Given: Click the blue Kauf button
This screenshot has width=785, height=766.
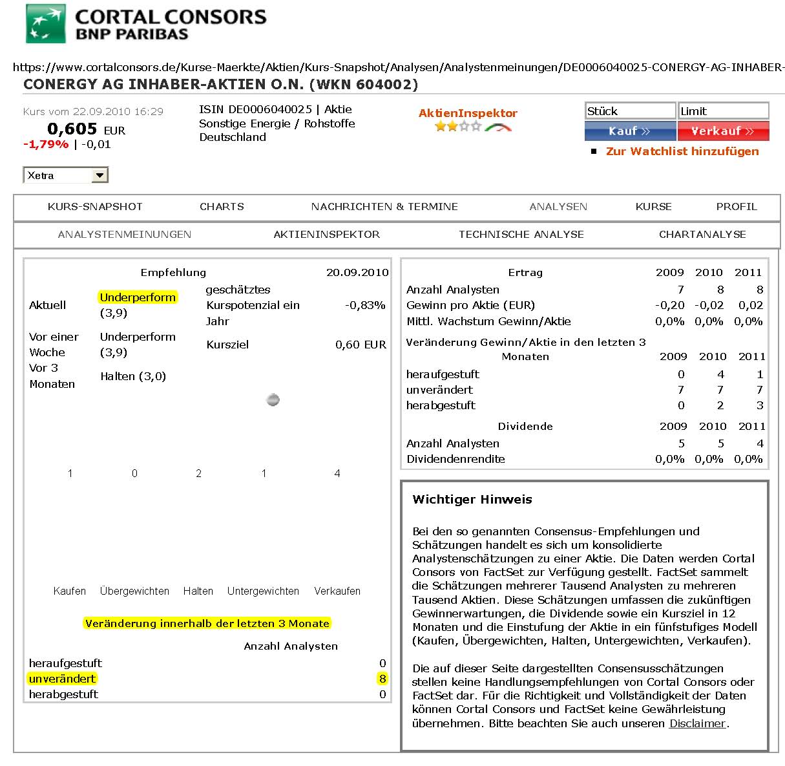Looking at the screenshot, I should (x=629, y=131).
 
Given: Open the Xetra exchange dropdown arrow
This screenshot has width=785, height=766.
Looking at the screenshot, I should (x=99, y=175).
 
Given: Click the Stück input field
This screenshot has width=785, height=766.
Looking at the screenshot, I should (x=630, y=111).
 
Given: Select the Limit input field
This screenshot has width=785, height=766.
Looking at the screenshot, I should (x=723, y=111).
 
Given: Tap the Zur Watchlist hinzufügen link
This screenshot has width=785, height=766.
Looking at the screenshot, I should (x=682, y=151).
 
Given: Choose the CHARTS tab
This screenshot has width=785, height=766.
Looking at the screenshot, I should (x=222, y=207).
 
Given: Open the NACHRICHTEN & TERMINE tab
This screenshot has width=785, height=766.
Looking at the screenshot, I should (x=384, y=207).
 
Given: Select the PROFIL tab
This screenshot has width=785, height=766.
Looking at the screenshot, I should (x=736, y=207).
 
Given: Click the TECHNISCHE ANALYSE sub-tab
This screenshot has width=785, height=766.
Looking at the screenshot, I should (x=521, y=235).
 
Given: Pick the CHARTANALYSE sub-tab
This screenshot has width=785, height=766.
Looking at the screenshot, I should (x=702, y=235).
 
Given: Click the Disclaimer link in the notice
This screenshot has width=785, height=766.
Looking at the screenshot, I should (x=698, y=723).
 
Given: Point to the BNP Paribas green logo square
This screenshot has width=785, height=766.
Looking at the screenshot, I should (x=45, y=24).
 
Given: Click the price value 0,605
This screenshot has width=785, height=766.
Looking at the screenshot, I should (x=72, y=129).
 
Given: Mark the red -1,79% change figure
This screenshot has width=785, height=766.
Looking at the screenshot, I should (x=46, y=144).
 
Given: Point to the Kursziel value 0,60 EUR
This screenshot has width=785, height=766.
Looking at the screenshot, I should (x=361, y=345).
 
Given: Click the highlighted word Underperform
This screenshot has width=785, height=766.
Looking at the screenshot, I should (x=138, y=297).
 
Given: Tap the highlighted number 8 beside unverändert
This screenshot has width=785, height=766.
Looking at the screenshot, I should (x=382, y=679).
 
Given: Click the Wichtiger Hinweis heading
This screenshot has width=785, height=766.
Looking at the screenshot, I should (x=472, y=500).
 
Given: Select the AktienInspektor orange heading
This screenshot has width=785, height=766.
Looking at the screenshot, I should (x=468, y=113).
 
